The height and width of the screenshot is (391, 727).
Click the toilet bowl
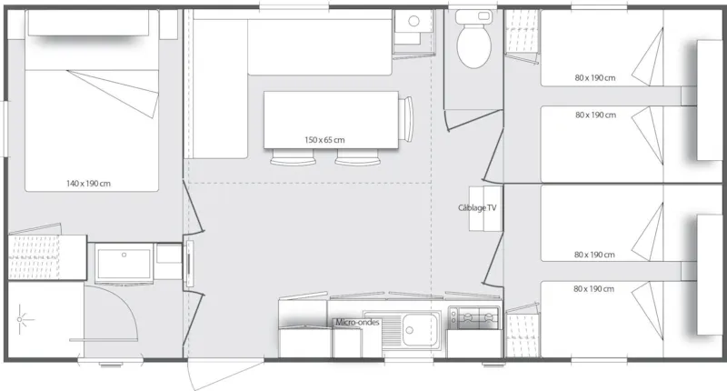click(x=472, y=49)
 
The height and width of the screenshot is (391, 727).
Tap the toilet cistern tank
click(x=472, y=18)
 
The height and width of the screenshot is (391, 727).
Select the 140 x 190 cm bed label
click(x=88, y=184)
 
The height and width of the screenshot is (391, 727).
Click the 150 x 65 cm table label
click(x=324, y=139)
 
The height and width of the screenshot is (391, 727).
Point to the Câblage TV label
click(x=478, y=207)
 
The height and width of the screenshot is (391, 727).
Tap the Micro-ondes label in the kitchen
click(x=357, y=322)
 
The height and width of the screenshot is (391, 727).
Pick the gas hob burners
click(x=473, y=317)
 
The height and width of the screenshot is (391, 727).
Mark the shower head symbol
click(x=24, y=320)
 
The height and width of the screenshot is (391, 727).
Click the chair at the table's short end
click(x=408, y=119)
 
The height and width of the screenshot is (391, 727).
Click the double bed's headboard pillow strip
click(x=88, y=24)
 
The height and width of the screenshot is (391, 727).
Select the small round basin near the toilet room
click(x=413, y=20)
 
